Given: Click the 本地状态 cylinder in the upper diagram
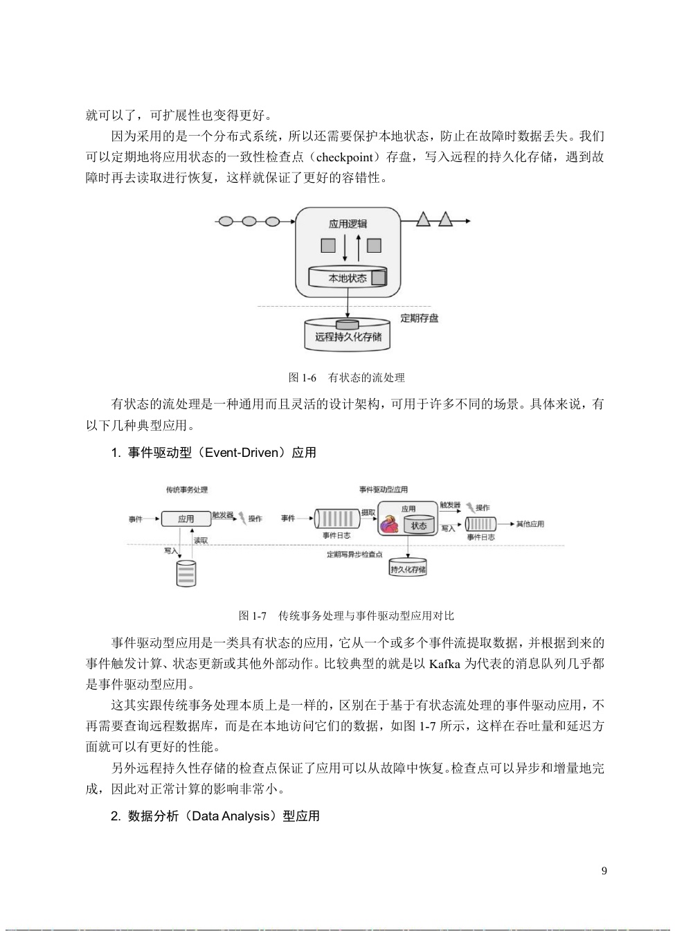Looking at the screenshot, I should coord(348,278).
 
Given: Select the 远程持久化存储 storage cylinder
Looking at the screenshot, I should coord(348,336).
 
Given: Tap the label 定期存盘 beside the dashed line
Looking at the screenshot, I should coord(419,318).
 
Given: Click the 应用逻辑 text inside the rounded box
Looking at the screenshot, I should coord(348,224).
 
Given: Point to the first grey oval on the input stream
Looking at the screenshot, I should coord(226,222).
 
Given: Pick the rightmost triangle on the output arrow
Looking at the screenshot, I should coord(445,220).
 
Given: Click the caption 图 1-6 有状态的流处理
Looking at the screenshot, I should coord(346,377).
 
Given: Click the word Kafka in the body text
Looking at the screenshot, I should coord(444,664).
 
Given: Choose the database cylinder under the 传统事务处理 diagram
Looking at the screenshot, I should coord(186,573).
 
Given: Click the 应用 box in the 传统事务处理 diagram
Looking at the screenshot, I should coord(186,519).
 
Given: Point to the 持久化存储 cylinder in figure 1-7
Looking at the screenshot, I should coord(408,568).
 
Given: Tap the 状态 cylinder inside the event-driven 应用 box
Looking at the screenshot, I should coord(419,525).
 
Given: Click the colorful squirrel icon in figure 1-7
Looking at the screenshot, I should coord(390,524).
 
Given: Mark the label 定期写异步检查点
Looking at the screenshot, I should coord(354,555).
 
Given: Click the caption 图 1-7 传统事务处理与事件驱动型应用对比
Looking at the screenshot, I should coord(346,615).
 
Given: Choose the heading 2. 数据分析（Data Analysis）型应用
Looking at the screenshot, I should coord(215,816).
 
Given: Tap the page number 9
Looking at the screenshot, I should coord(604,871).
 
